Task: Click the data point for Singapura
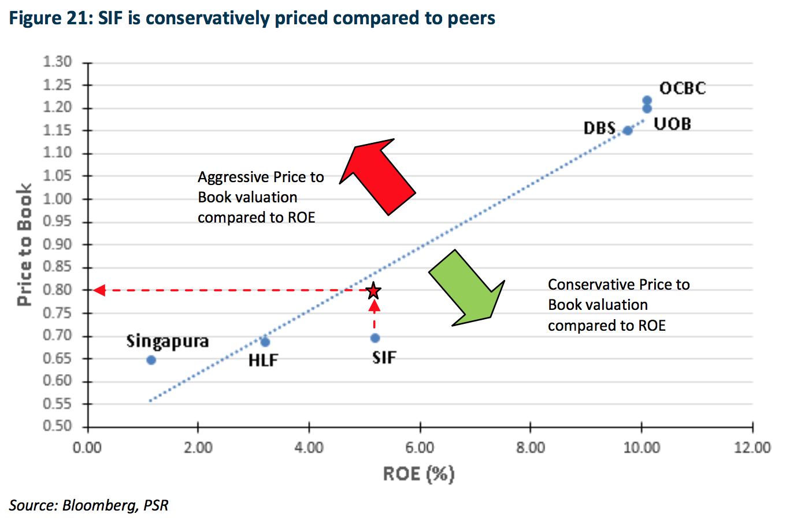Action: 151,360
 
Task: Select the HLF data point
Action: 265,342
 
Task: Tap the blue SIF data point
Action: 375,338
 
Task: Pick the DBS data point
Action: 628,131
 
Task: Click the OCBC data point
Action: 647,101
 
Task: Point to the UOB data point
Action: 647,109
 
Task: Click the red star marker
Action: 374,291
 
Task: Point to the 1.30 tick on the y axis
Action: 57,62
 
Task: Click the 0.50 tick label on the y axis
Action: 57,426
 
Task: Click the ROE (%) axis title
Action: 419,474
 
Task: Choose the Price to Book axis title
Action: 24,245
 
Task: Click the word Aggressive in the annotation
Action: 233,177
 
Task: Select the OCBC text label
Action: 683,88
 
